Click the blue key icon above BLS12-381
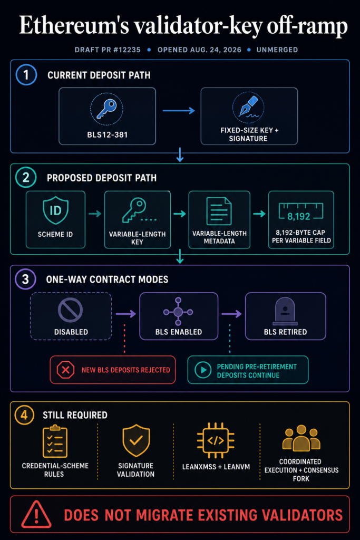click(x=106, y=109)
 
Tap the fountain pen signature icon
click(x=248, y=108)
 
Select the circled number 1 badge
click(x=26, y=75)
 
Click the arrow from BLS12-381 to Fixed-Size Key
click(x=179, y=111)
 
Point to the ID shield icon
click(x=55, y=210)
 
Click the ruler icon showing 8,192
click(x=301, y=212)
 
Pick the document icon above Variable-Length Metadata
click(x=219, y=211)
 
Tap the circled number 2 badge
click(x=26, y=177)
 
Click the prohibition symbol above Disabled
click(x=70, y=310)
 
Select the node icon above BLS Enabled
click(x=178, y=312)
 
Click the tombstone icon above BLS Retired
click(x=285, y=311)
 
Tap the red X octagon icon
click(x=65, y=370)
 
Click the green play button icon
click(x=203, y=370)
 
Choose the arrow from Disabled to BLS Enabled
click(x=126, y=314)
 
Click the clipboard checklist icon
click(x=55, y=441)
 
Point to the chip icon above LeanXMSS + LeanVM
click(x=216, y=440)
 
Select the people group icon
click(x=301, y=438)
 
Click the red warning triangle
click(x=36, y=515)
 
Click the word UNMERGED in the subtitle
click(x=277, y=50)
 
